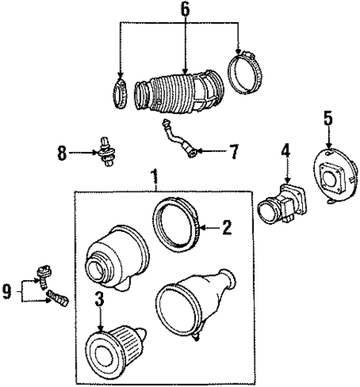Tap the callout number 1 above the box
coord(154,177)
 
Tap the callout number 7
coord(234,153)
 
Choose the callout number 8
coord(62,154)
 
